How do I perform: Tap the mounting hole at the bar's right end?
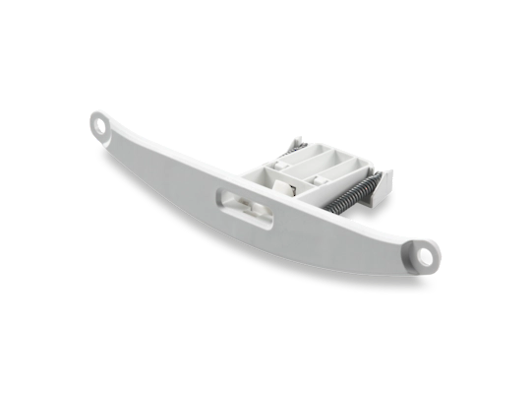click(x=426, y=254)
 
